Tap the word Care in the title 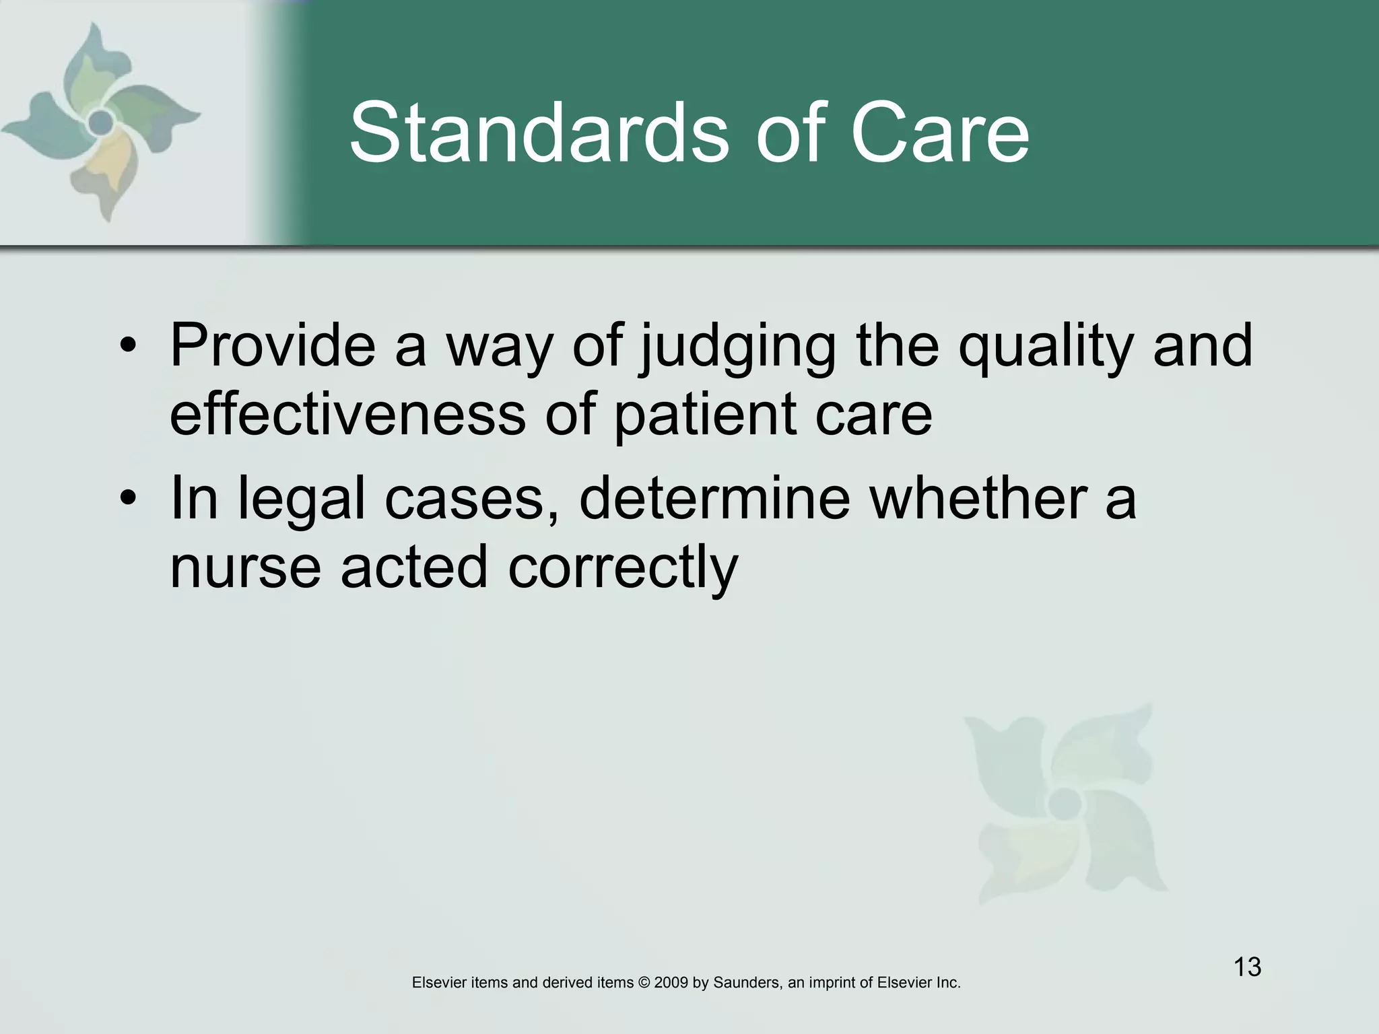pyautogui.click(x=940, y=133)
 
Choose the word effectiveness pyautogui.click(x=347, y=414)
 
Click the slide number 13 pyautogui.click(x=1247, y=967)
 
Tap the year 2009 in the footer pyautogui.click(x=671, y=983)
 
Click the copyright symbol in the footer pyautogui.click(x=644, y=983)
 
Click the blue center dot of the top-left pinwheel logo pyautogui.click(x=101, y=122)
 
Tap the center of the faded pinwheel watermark pyautogui.click(x=1065, y=802)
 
